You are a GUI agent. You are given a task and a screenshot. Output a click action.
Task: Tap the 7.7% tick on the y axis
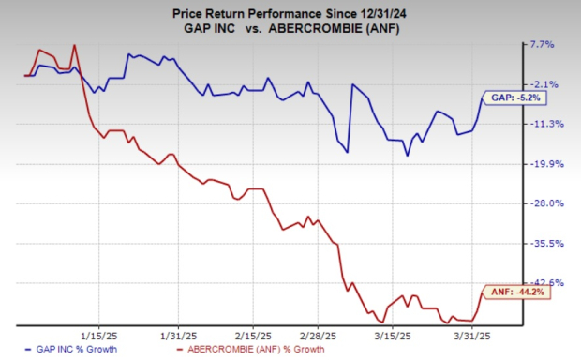(544, 44)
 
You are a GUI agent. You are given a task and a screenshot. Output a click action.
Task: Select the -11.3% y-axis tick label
(543, 124)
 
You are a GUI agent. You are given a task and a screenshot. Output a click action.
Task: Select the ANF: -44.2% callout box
(512, 292)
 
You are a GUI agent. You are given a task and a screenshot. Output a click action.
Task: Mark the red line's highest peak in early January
(74, 45)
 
